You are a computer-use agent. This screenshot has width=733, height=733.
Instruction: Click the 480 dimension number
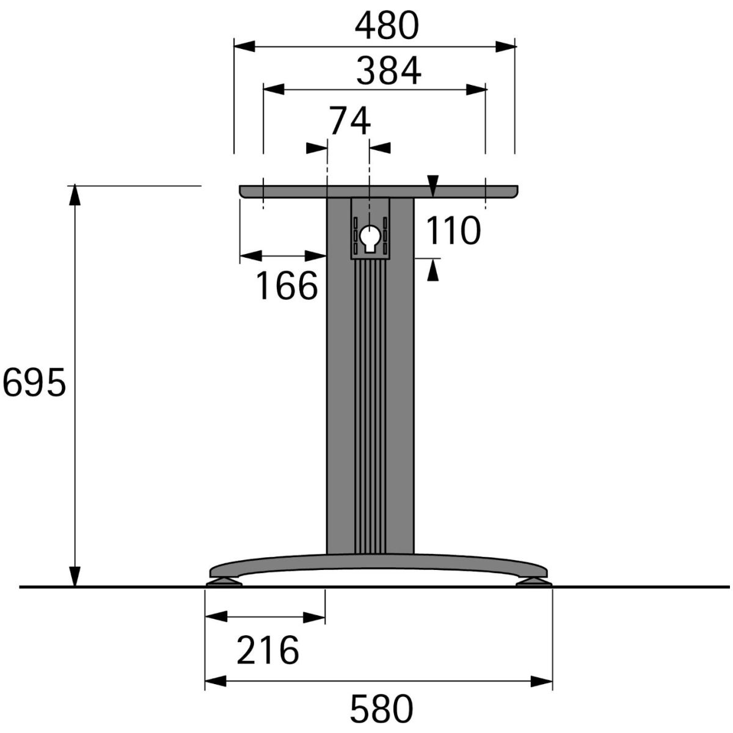[387, 26]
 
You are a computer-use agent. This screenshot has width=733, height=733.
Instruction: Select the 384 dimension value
[388, 71]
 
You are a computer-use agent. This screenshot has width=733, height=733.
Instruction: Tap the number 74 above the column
[350, 121]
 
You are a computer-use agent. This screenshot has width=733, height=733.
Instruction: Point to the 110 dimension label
[453, 231]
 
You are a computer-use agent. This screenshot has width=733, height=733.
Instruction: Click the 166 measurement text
[287, 286]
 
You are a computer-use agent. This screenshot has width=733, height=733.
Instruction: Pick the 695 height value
[34, 382]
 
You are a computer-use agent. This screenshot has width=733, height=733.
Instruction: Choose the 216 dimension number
[268, 650]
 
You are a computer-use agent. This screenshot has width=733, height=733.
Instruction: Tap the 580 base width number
[382, 709]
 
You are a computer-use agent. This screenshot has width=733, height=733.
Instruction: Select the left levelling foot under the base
[224, 582]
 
